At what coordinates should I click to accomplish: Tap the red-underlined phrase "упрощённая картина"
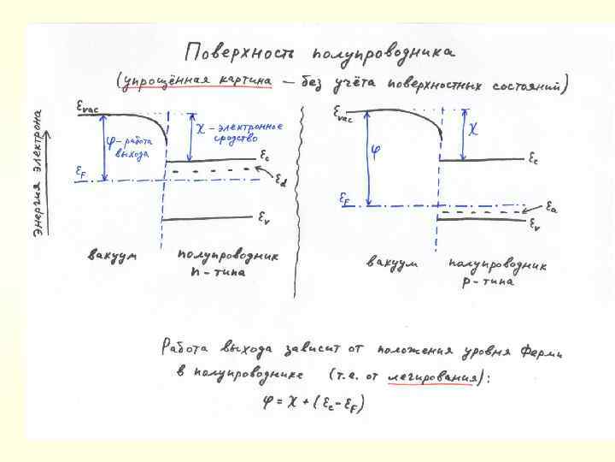pos(198,82)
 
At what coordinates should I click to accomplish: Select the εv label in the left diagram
pos(266,218)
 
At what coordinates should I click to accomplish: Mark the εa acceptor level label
pos(553,208)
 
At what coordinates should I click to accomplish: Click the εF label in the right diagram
pos(345,198)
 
